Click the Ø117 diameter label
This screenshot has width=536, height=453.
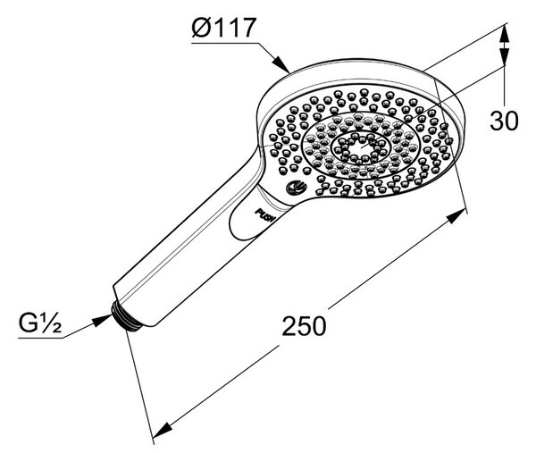(x=224, y=28)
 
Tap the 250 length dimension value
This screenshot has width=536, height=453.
(x=304, y=326)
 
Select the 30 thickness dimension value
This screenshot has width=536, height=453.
(x=504, y=121)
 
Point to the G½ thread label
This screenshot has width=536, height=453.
(x=40, y=323)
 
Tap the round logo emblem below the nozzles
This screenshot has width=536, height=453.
(x=297, y=188)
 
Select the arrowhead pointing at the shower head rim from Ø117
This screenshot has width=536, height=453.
(x=281, y=63)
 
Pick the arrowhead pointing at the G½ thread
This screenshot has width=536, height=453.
(x=103, y=320)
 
